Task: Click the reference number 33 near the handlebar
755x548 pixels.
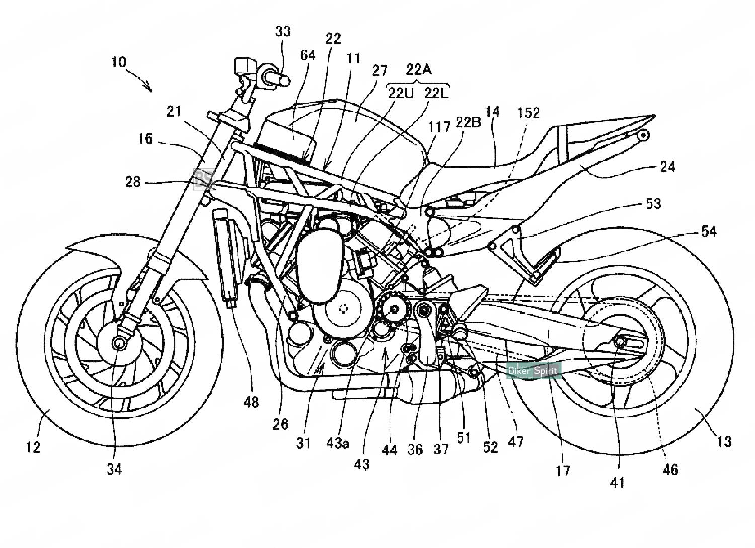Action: (x=283, y=32)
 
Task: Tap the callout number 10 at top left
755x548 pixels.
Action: (x=119, y=62)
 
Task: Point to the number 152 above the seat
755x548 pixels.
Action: (x=528, y=113)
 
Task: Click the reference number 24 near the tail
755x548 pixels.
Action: (x=667, y=166)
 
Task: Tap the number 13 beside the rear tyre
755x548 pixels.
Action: (x=723, y=442)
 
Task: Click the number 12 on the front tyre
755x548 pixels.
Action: (x=33, y=446)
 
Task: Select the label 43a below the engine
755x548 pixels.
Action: (x=337, y=442)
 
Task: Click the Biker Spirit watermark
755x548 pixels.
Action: (x=533, y=371)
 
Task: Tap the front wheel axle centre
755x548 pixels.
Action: (x=119, y=343)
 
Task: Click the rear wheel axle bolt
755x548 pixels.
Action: (x=620, y=342)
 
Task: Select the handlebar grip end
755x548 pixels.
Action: (x=283, y=79)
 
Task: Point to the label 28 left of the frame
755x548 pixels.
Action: (x=133, y=182)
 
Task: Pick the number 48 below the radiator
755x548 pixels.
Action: (x=251, y=402)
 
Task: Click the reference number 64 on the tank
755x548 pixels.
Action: (x=308, y=55)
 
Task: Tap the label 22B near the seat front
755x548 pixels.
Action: (x=468, y=122)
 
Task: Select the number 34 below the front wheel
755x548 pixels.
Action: (x=114, y=469)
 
